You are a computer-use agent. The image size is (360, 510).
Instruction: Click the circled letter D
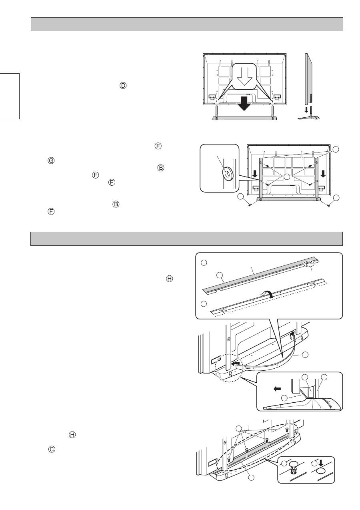click(123, 86)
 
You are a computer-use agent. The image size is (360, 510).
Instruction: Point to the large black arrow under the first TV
click(244, 105)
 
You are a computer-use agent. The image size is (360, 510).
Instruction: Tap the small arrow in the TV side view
click(306, 109)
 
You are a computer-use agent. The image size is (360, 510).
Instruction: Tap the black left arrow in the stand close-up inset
click(274, 388)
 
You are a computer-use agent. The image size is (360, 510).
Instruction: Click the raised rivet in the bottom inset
click(294, 466)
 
